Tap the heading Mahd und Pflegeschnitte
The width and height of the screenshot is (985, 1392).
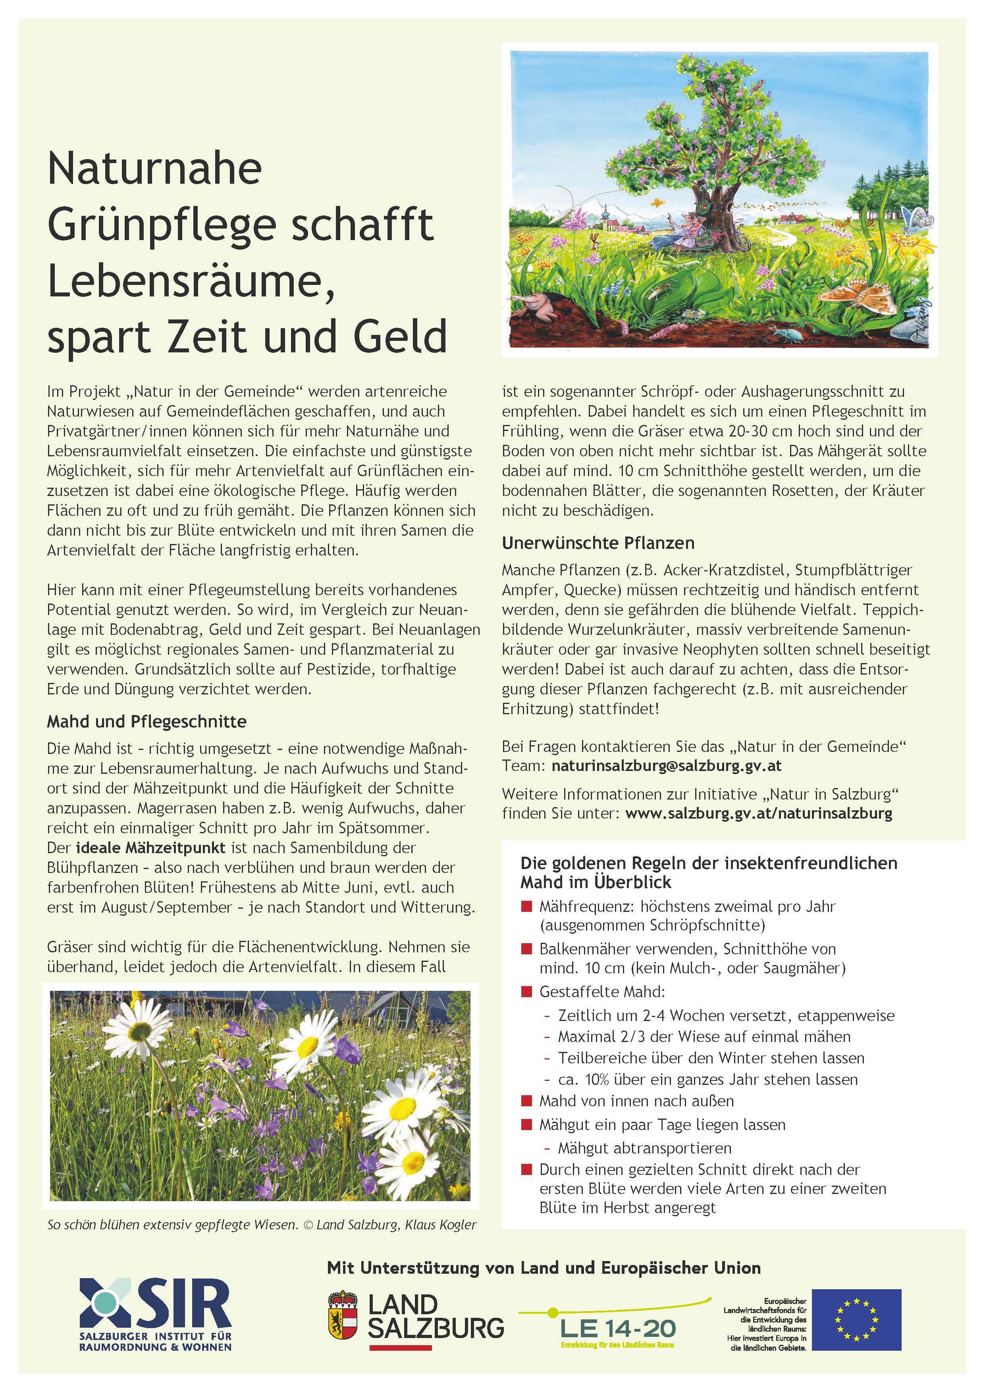(147, 721)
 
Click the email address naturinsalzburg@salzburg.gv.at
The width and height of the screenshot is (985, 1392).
(666, 766)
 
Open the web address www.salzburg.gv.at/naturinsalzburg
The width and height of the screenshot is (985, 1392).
(758, 813)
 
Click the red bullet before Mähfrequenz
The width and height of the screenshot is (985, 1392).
(526, 907)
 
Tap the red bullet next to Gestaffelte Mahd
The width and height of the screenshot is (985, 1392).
(526, 992)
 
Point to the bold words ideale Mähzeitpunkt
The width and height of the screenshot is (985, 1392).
(150, 848)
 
